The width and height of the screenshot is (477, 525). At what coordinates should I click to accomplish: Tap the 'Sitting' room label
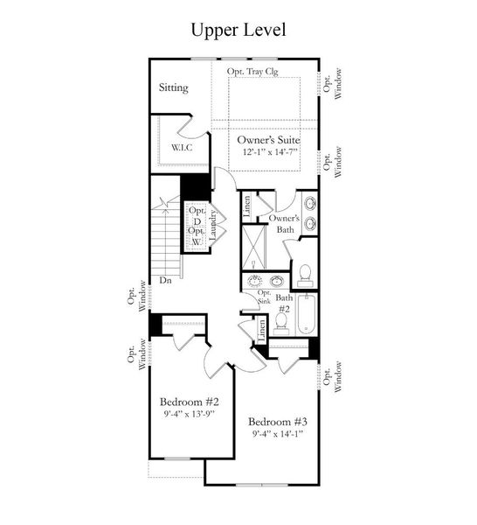(x=174, y=88)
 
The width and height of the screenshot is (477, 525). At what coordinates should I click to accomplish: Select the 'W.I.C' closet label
(x=182, y=147)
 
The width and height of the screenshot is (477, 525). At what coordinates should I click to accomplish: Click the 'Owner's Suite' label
(x=270, y=138)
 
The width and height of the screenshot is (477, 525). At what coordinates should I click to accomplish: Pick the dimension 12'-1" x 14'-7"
(x=270, y=151)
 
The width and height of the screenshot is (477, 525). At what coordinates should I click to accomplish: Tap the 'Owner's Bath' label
(x=284, y=223)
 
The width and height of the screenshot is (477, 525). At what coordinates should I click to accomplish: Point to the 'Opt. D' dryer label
(x=197, y=216)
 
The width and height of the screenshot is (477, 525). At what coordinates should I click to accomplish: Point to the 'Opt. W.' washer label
(x=197, y=236)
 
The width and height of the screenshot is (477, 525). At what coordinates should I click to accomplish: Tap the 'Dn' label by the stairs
(x=164, y=281)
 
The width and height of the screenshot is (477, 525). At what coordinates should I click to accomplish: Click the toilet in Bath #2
(x=281, y=325)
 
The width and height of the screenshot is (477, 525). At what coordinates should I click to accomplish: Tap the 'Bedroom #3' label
(x=278, y=421)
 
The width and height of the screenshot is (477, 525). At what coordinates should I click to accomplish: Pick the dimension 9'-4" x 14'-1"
(x=278, y=434)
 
